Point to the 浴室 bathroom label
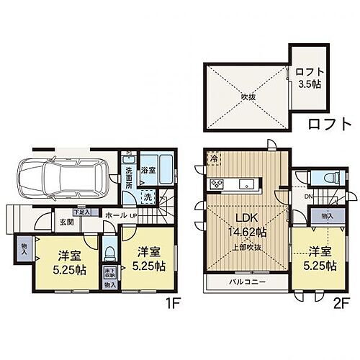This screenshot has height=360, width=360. tap(148, 169)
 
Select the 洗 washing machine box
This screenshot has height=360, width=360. tap(146, 195)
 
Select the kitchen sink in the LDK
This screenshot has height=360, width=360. tap(249, 185)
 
